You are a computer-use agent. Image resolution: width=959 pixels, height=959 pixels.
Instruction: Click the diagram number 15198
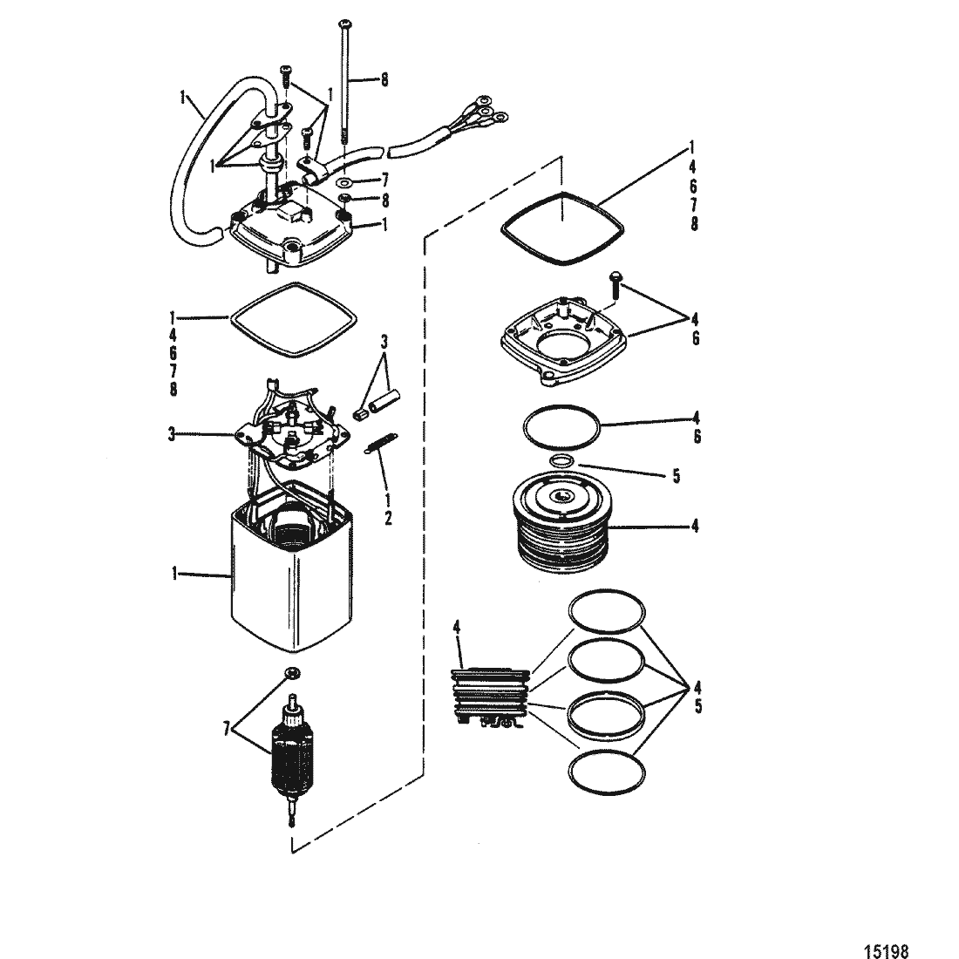click(x=887, y=949)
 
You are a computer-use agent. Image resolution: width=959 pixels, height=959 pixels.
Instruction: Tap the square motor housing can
click(x=292, y=571)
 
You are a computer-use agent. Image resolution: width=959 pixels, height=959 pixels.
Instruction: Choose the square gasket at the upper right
click(x=562, y=228)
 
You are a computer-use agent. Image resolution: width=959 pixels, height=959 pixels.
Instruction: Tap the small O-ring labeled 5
click(x=562, y=460)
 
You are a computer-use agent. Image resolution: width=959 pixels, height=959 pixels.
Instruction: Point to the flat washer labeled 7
click(x=343, y=181)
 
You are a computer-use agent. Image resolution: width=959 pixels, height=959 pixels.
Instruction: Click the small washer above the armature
click(x=292, y=673)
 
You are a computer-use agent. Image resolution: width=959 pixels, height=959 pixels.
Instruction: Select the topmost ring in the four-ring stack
click(x=607, y=611)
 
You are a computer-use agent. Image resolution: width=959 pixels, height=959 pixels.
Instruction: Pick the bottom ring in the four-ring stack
click(x=607, y=772)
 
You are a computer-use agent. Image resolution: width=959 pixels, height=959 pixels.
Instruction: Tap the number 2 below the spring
click(x=388, y=519)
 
